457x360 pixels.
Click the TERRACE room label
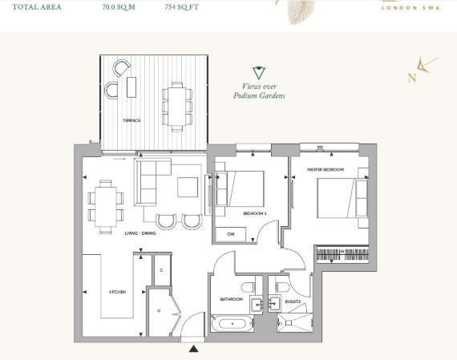[131, 120]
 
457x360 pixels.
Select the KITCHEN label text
[117, 292]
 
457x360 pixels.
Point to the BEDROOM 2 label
[255, 213]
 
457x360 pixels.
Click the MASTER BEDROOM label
[326, 169]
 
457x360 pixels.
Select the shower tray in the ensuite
[293, 325]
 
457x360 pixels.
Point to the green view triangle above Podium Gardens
[258, 73]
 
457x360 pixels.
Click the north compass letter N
[413, 78]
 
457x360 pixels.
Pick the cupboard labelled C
[160, 270]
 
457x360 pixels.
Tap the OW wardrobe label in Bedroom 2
[230, 233]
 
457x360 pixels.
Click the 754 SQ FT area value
[180, 6]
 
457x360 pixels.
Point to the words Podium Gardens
[259, 96]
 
